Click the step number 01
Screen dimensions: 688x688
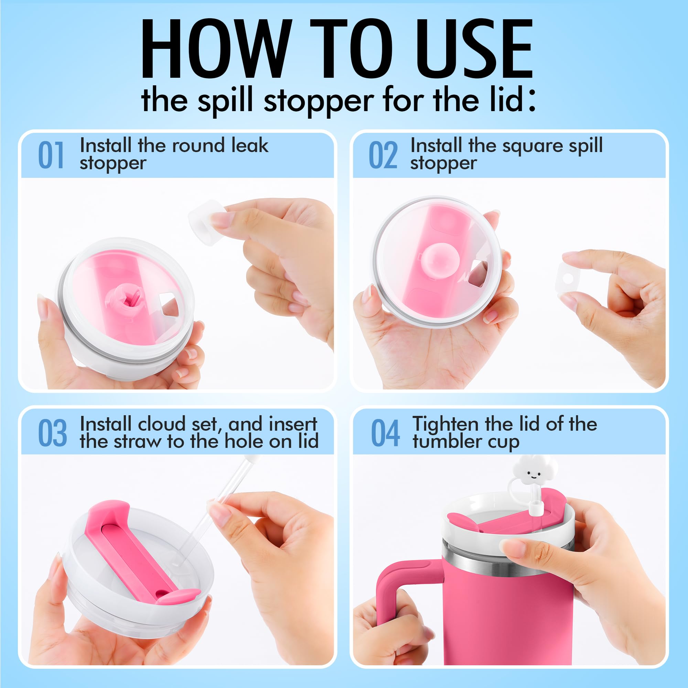click(x=51, y=155)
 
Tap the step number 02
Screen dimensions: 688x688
click(x=383, y=155)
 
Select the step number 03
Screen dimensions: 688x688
click(x=52, y=433)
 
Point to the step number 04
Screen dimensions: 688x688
click(x=385, y=433)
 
